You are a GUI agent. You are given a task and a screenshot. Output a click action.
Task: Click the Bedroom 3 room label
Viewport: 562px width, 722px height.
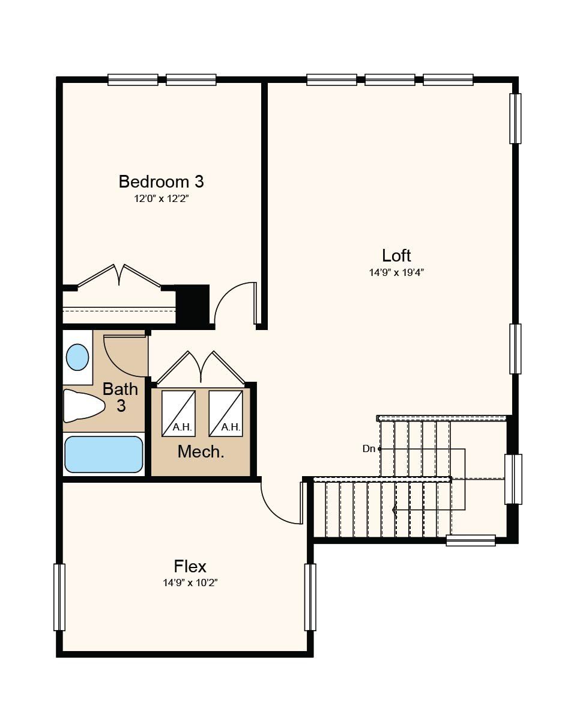pyautogui.click(x=161, y=182)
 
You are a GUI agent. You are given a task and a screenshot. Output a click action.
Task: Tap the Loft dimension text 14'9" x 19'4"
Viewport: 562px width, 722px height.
pyautogui.click(x=397, y=272)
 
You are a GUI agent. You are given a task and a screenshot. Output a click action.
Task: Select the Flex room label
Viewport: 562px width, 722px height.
pyautogui.click(x=190, y=566)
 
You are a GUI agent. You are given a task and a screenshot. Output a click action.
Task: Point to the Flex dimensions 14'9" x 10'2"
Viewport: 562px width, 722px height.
pyautogui.click(x=190, y=583)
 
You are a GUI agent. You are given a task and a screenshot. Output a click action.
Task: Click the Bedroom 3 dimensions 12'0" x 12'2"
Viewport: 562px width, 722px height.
pyautogui.click(x=162, y=199)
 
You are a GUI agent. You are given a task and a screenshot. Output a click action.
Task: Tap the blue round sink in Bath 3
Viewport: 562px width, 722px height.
pyautogui.click(x=77, y=357)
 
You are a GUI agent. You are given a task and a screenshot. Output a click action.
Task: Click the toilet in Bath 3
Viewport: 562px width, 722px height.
pyautogui.click(x=83, y=406)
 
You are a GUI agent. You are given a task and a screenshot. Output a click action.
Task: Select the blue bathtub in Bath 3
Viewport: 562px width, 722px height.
pyautogui.click(x=104, y=454)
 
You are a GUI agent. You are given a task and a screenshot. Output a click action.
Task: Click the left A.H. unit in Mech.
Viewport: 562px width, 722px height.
pyautogui.click(x=178, y=414)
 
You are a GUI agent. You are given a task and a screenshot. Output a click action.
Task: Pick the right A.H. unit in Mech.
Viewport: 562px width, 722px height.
pyautogui.click(x=226, y=414)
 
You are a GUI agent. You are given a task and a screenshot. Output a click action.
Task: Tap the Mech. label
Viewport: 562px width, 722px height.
pyautogui.click(x=201, y=451)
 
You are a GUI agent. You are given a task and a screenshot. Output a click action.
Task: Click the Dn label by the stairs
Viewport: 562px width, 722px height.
pyautogui.click(x=369, y=448)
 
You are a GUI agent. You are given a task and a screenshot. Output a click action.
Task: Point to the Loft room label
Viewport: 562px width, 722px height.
pyautogui.click(x=396, y=255)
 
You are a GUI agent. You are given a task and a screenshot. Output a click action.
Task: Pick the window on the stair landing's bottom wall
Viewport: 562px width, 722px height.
pyautogui.click(x=470, y=540)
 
